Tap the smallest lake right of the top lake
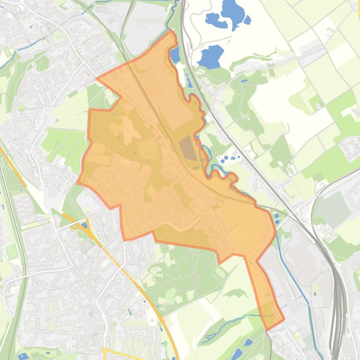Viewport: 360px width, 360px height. (x=248, y=20)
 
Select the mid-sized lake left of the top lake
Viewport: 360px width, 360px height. (x=213, y=20)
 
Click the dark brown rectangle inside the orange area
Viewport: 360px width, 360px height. (x=188, y=147)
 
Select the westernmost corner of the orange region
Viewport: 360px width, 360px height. (x=78, y=181)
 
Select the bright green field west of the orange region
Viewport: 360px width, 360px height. (x=61, y=140)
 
